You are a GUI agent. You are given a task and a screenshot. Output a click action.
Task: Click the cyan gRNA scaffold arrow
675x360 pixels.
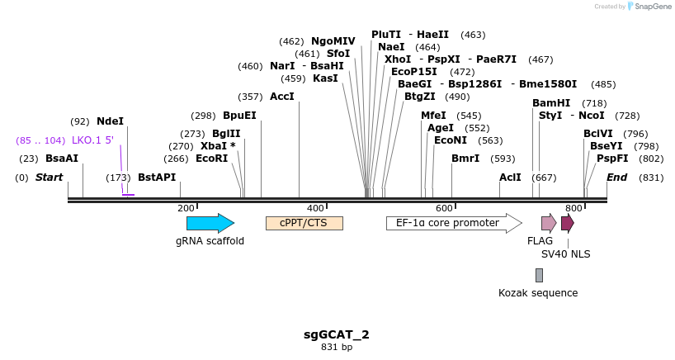click(210, 223)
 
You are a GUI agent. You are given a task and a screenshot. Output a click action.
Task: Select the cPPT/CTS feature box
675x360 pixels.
click(304, 223)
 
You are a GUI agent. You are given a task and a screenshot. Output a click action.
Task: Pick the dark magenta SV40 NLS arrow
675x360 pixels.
click(567, 223)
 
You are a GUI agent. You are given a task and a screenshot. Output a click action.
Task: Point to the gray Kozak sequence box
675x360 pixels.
click(539, 275)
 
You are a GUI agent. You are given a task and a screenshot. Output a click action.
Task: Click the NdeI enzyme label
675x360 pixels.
click(110, 121)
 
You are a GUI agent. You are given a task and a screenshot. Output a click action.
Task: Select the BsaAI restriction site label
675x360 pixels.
click(62, 159)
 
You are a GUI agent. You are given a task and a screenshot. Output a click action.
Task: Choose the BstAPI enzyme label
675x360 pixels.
click(157, 178)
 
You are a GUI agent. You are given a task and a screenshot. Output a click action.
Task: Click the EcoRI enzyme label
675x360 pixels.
click(211, 159)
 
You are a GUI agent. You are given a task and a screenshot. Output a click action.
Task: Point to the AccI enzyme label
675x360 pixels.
click(282, 97)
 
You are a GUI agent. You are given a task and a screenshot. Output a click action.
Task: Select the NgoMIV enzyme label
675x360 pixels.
click(333, 41)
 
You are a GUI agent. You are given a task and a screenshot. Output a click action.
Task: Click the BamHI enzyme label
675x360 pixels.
click(551, 103)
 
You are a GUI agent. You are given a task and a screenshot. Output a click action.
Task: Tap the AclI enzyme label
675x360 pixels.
click(510, 178)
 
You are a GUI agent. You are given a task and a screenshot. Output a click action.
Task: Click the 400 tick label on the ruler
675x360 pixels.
click(316, 208)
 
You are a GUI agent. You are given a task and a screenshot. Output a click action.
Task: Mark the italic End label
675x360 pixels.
click(617, 178)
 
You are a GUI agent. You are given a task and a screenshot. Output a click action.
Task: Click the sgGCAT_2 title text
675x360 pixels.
click(337, 334)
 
